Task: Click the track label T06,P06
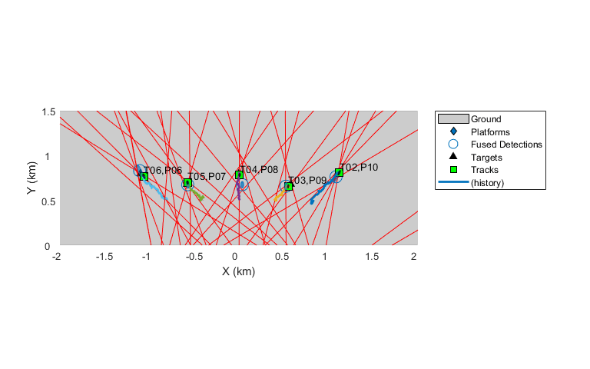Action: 164,171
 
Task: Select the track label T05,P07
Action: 207,177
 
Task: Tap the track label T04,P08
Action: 259,170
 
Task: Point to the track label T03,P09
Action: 308,181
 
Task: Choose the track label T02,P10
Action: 359,168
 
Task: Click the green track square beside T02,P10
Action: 339,172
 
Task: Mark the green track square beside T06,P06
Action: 144,177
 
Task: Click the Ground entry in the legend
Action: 486,119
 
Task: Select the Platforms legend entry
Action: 490,131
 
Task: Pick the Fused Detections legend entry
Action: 506,145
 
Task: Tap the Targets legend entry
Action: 486,157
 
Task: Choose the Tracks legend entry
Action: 485,170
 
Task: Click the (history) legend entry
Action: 486,182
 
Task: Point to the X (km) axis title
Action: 238,271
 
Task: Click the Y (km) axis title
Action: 32,178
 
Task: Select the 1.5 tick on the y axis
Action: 48,111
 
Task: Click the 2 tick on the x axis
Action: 415,255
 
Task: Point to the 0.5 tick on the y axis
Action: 48,201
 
